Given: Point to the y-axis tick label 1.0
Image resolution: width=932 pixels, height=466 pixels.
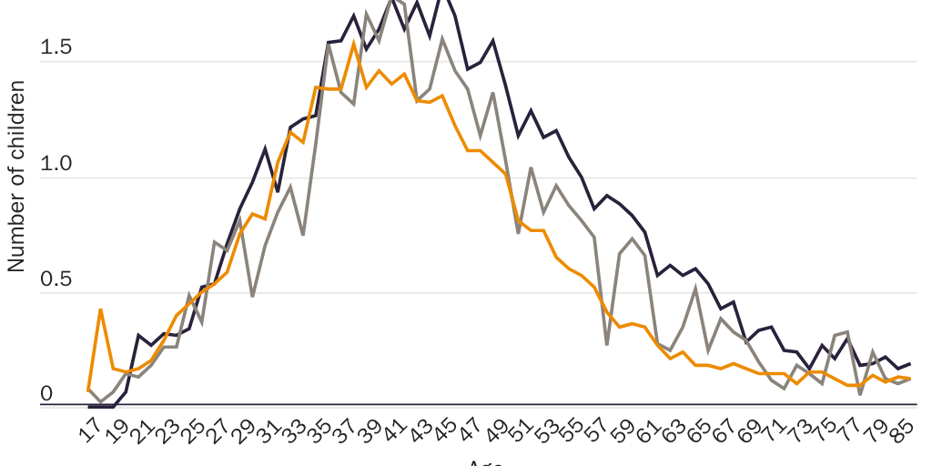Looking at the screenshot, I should click(56, 165).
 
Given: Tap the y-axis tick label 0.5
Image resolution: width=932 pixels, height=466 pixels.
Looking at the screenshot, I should click(56, 280).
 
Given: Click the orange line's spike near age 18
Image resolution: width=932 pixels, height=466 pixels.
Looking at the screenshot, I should click(100, 309).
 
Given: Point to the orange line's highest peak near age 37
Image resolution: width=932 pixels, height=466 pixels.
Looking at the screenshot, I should click(353, 44).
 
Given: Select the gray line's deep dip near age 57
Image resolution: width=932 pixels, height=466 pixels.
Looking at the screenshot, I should click(607, 344).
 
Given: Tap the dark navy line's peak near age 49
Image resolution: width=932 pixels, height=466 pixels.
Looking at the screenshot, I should click(492, 41).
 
